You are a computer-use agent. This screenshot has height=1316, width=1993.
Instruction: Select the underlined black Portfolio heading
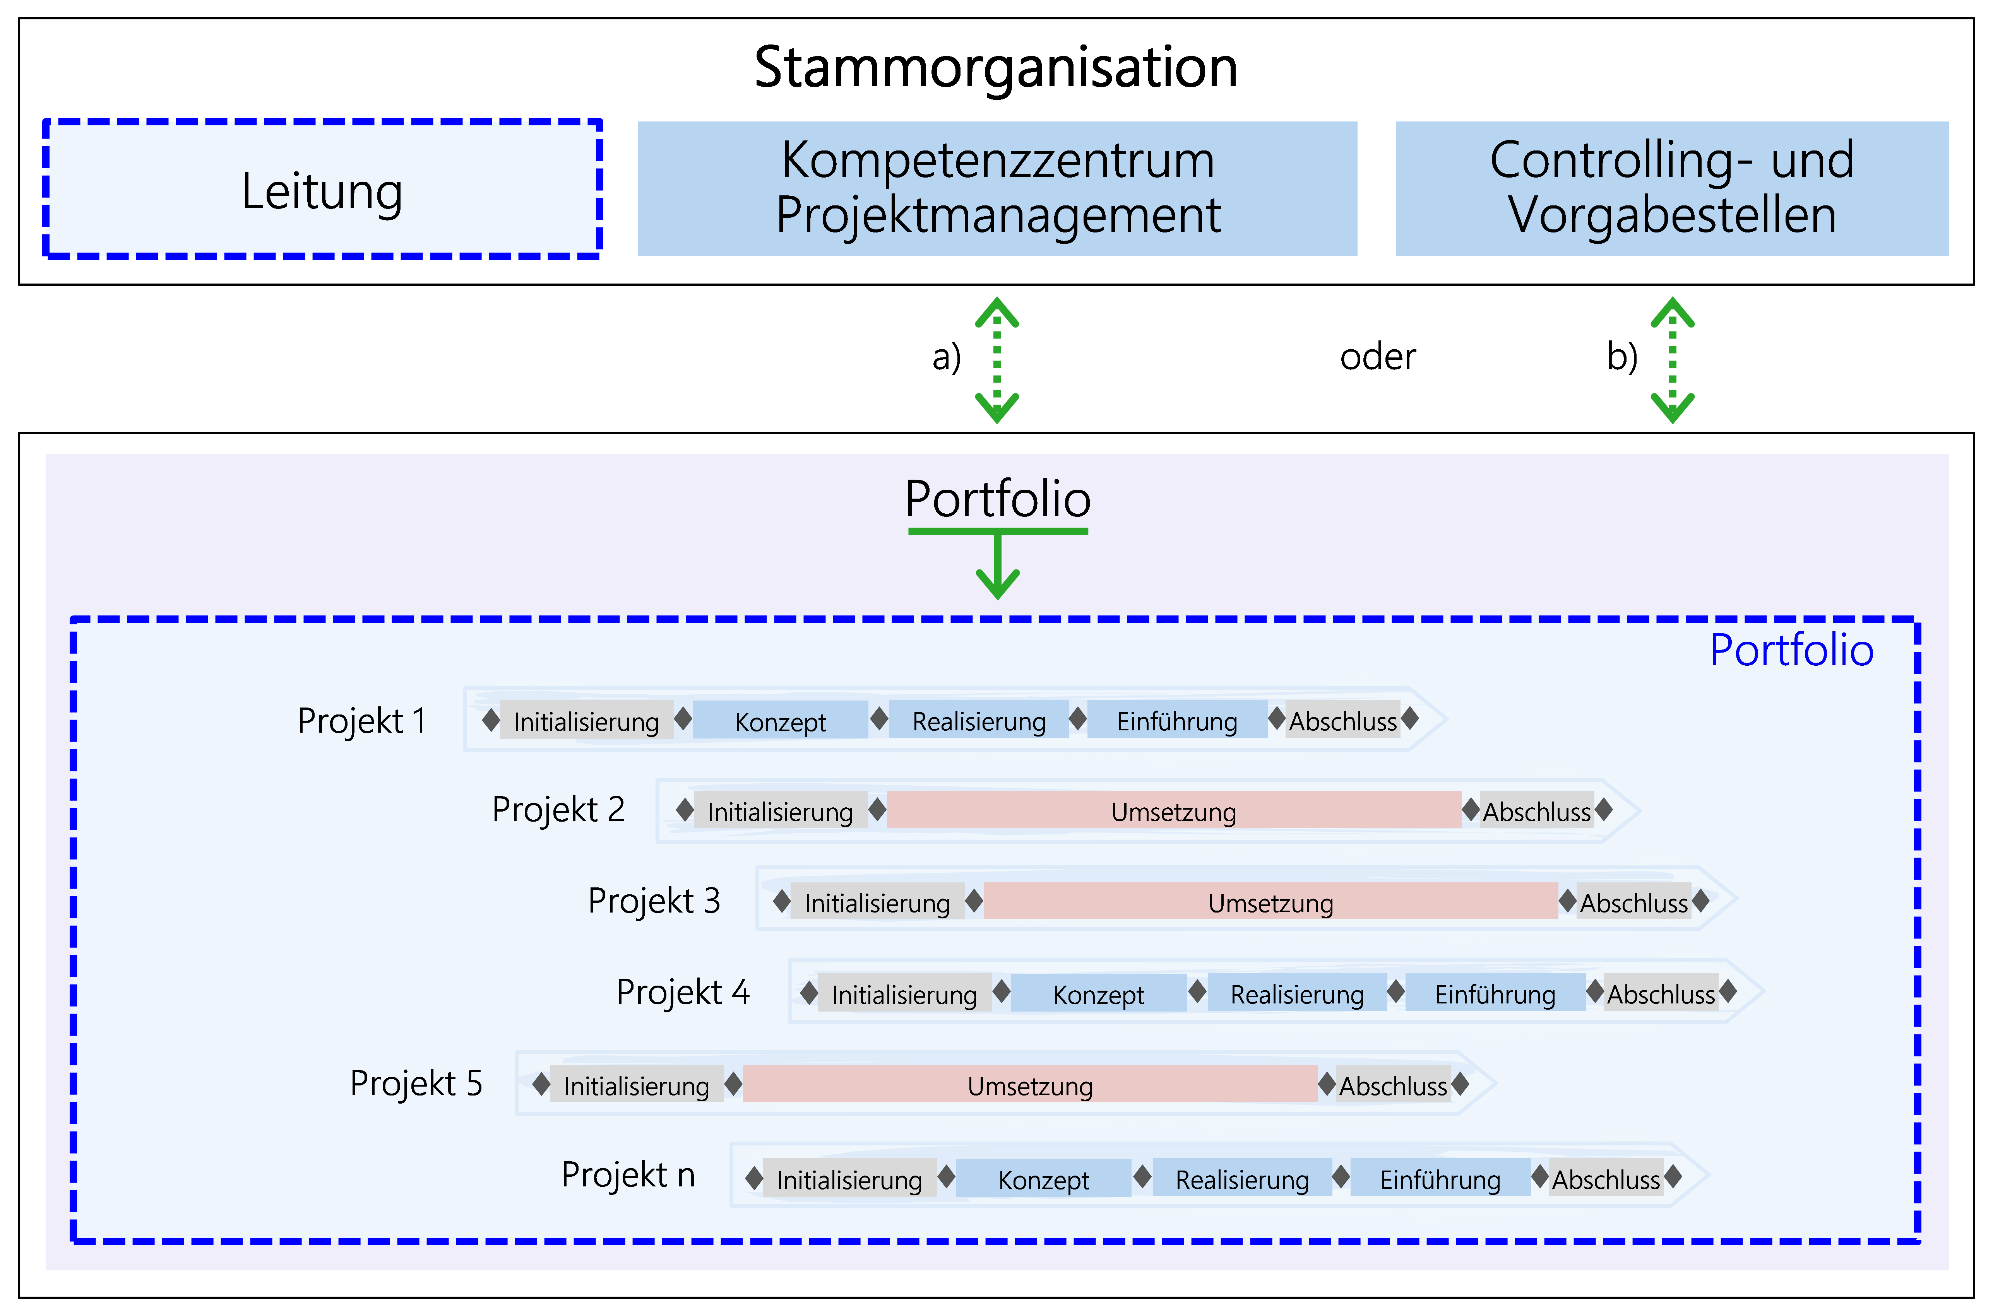coord(997,499)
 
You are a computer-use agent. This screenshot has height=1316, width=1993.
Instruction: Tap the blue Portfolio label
coord(1791,650)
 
